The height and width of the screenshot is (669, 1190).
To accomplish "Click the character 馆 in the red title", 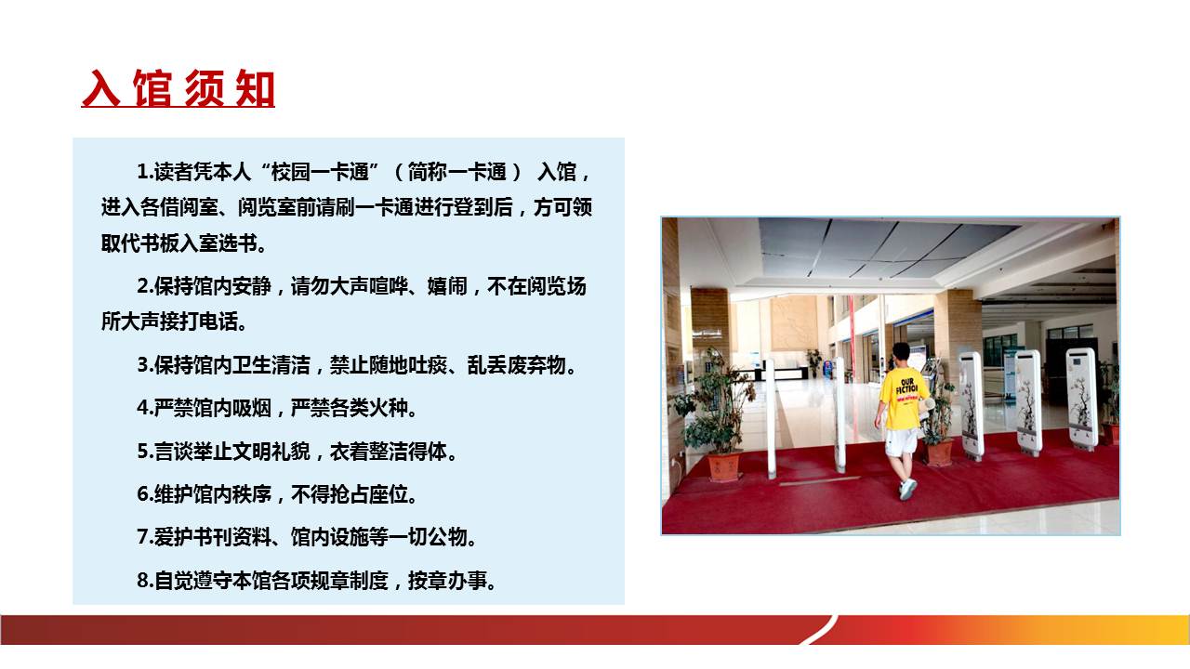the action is [152, 88].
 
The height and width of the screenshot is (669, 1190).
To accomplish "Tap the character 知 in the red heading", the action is [256, 88].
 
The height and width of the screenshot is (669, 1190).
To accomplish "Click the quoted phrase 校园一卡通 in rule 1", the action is [320, 172].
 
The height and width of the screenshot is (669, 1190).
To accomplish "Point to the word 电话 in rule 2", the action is [218, 321].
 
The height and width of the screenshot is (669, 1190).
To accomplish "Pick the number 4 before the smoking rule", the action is [143, 408].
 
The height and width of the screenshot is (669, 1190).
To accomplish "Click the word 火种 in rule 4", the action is [389, 408].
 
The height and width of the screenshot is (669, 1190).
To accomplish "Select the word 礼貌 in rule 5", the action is [291, 452].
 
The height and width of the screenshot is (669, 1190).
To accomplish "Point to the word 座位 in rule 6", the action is [389, 495].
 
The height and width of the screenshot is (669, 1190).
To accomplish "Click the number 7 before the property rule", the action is [143, 537].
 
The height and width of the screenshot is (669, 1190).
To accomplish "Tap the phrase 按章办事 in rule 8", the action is [447, 581].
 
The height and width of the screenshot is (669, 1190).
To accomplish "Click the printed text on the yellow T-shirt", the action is [906, 389].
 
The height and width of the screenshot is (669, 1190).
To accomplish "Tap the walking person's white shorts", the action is [901, 442].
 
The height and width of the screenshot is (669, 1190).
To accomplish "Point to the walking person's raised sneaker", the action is [908, 489].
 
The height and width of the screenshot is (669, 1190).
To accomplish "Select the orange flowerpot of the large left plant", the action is [723, 466].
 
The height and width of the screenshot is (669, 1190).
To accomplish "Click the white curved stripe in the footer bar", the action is [819, 631].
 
